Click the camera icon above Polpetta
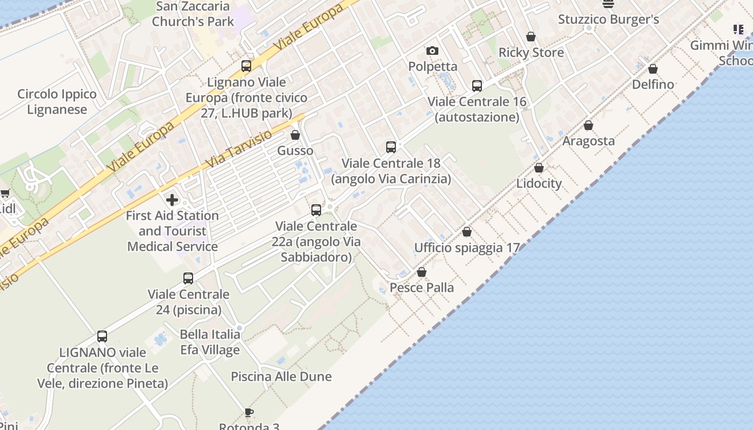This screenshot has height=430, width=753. [x=432, y=51]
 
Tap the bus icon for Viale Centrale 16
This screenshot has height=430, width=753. [x=477, y=86]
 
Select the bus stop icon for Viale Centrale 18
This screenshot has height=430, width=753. [x=391, y=147]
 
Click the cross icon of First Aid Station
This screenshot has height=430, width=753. [x=172, y=200]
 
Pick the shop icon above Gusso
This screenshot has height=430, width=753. [x=295, y=135]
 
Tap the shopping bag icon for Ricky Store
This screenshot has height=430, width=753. [x=531, y=37]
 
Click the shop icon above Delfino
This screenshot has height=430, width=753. [x=653, y=69]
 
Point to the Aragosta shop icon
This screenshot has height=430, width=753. [x=588, y=126]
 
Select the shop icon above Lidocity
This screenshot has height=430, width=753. [x=539, y=168]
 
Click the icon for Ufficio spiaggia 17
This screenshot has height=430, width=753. [x=467, y=232]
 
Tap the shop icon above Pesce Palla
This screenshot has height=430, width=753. [x=422, y=273]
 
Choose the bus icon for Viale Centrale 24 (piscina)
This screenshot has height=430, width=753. [x=188, y=278]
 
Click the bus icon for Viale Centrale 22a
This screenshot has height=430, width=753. [x=316, y=210]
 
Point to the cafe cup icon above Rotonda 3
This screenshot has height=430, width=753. [x=248, y=413]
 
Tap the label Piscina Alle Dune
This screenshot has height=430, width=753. [x=281, y=376]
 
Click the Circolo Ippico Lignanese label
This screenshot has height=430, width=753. [x=57, y=102]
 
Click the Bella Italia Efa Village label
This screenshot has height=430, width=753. [x=210, y=342]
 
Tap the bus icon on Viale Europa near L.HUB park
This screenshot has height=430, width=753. [x=246, y=66]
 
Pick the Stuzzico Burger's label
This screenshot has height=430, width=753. [x=608, y=20]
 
